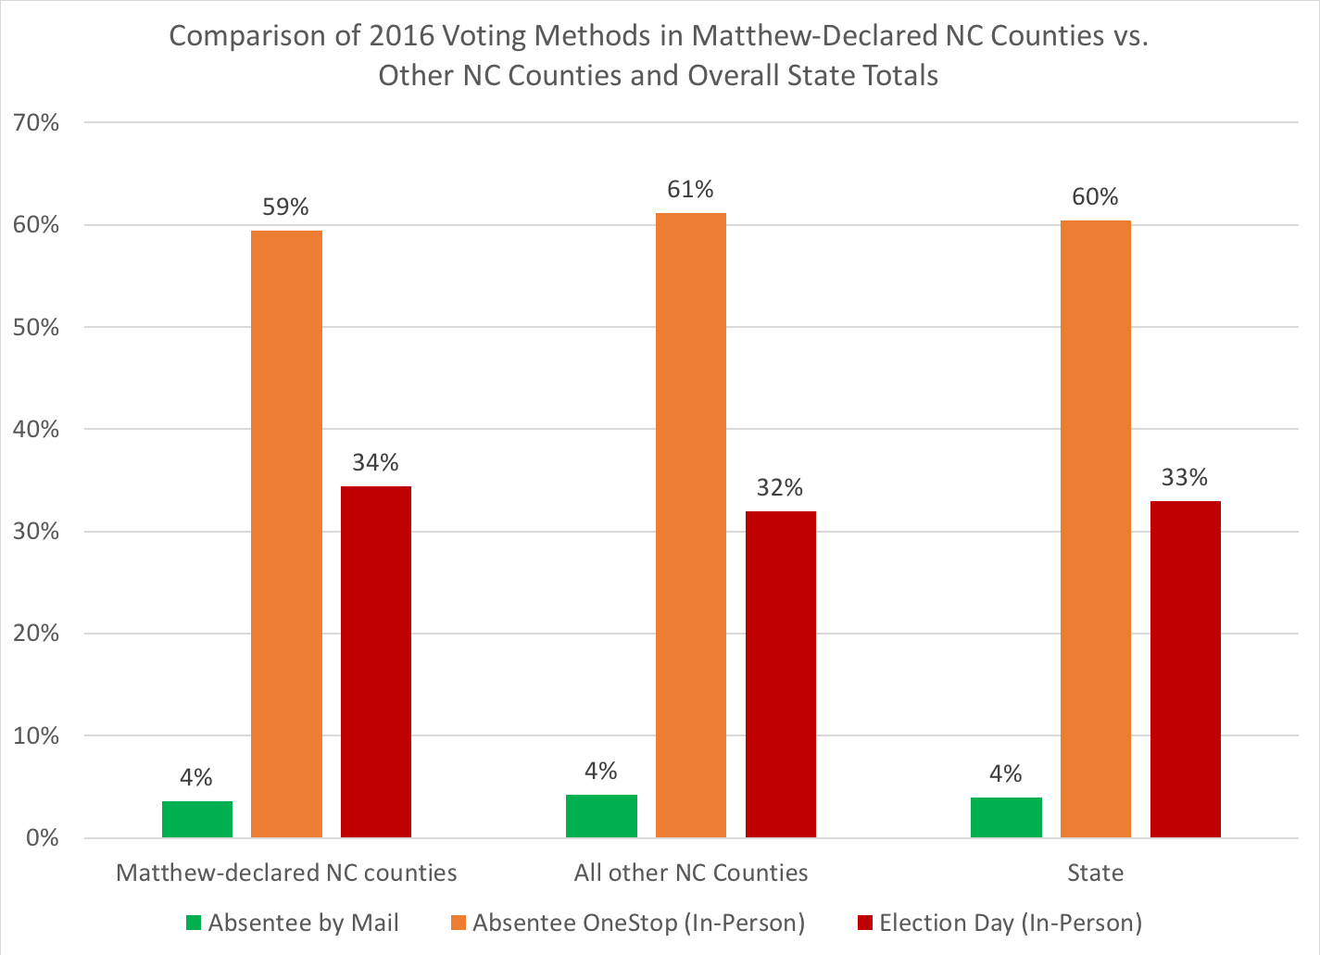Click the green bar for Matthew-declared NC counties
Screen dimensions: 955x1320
tap(197, 820)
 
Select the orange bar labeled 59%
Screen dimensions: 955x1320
tap(286, 534)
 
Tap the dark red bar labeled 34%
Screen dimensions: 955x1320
tap(376, 661)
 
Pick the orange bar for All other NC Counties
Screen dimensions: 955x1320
tap(691, 525)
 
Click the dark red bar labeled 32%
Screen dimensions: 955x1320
tap(781, 674)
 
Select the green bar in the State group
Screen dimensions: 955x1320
tap(1006, 818)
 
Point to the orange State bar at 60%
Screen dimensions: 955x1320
tap(1096, 529)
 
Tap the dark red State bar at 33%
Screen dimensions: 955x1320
tap(1186, 669)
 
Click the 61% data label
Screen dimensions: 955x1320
tap(691, 190)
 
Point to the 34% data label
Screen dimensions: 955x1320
tap(376, 462)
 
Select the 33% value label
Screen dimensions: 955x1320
tap(1185, 477)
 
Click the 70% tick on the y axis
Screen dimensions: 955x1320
tap(35, 123)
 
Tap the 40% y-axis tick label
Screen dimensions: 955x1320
tap(35, 430)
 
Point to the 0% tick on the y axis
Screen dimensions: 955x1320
tap(42, 838)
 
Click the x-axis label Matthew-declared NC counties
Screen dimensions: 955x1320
tap(286, 873)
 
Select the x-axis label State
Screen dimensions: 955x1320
tap(1095, 873)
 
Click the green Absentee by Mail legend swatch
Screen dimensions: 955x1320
tap(194, 923)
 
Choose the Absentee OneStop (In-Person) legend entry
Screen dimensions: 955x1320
tap(638, 923)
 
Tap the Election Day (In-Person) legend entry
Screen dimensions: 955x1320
tap(1011, 923)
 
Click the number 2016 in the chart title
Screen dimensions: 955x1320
tap(402, 36)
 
